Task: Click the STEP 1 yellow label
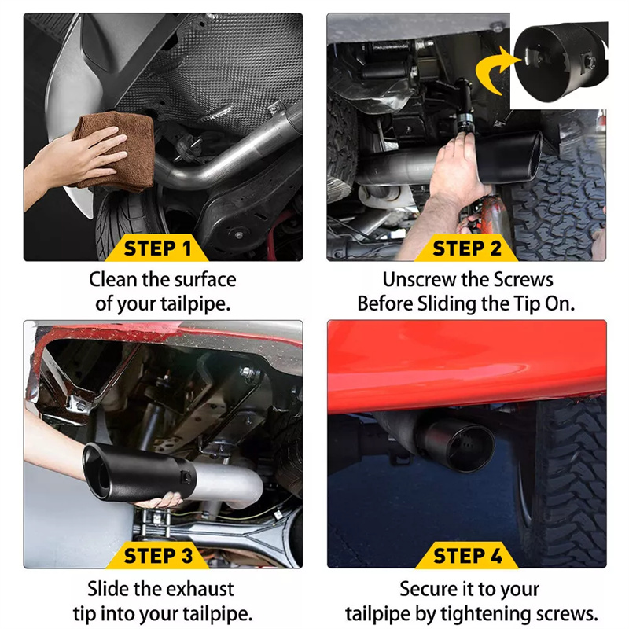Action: click(156, 248)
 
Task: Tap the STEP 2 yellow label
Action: click(466, 248)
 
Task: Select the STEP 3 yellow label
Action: click(158, 556)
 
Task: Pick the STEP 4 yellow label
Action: click(467, 556)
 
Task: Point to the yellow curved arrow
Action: click(491, 70)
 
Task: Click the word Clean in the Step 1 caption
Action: click(112, 280)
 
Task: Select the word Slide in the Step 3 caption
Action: click(108, 589)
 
